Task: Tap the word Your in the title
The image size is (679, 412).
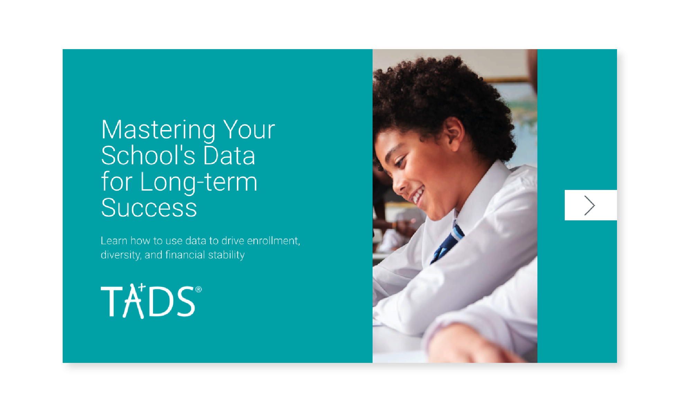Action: pyautogui.click(x=249, y=130)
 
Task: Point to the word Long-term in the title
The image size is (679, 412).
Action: pyautogui.click(x=199, y=182)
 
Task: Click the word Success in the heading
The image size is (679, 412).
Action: pyautogui.click(x=149, y=208)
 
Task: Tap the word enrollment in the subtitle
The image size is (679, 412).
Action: pyautogui.click(x=273, y=241)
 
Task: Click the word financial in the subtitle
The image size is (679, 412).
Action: pyautogui.click(x=185, y=255)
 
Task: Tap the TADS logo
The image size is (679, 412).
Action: pyautogui.click(x=151, y=301)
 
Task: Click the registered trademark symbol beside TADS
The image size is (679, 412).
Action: pyautogui.click(x=198, y=289)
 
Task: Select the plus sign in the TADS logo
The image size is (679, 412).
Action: pyautogui.click(x=141, y=287)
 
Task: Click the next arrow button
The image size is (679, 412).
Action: pyautogui.click(x=590, y=205)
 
